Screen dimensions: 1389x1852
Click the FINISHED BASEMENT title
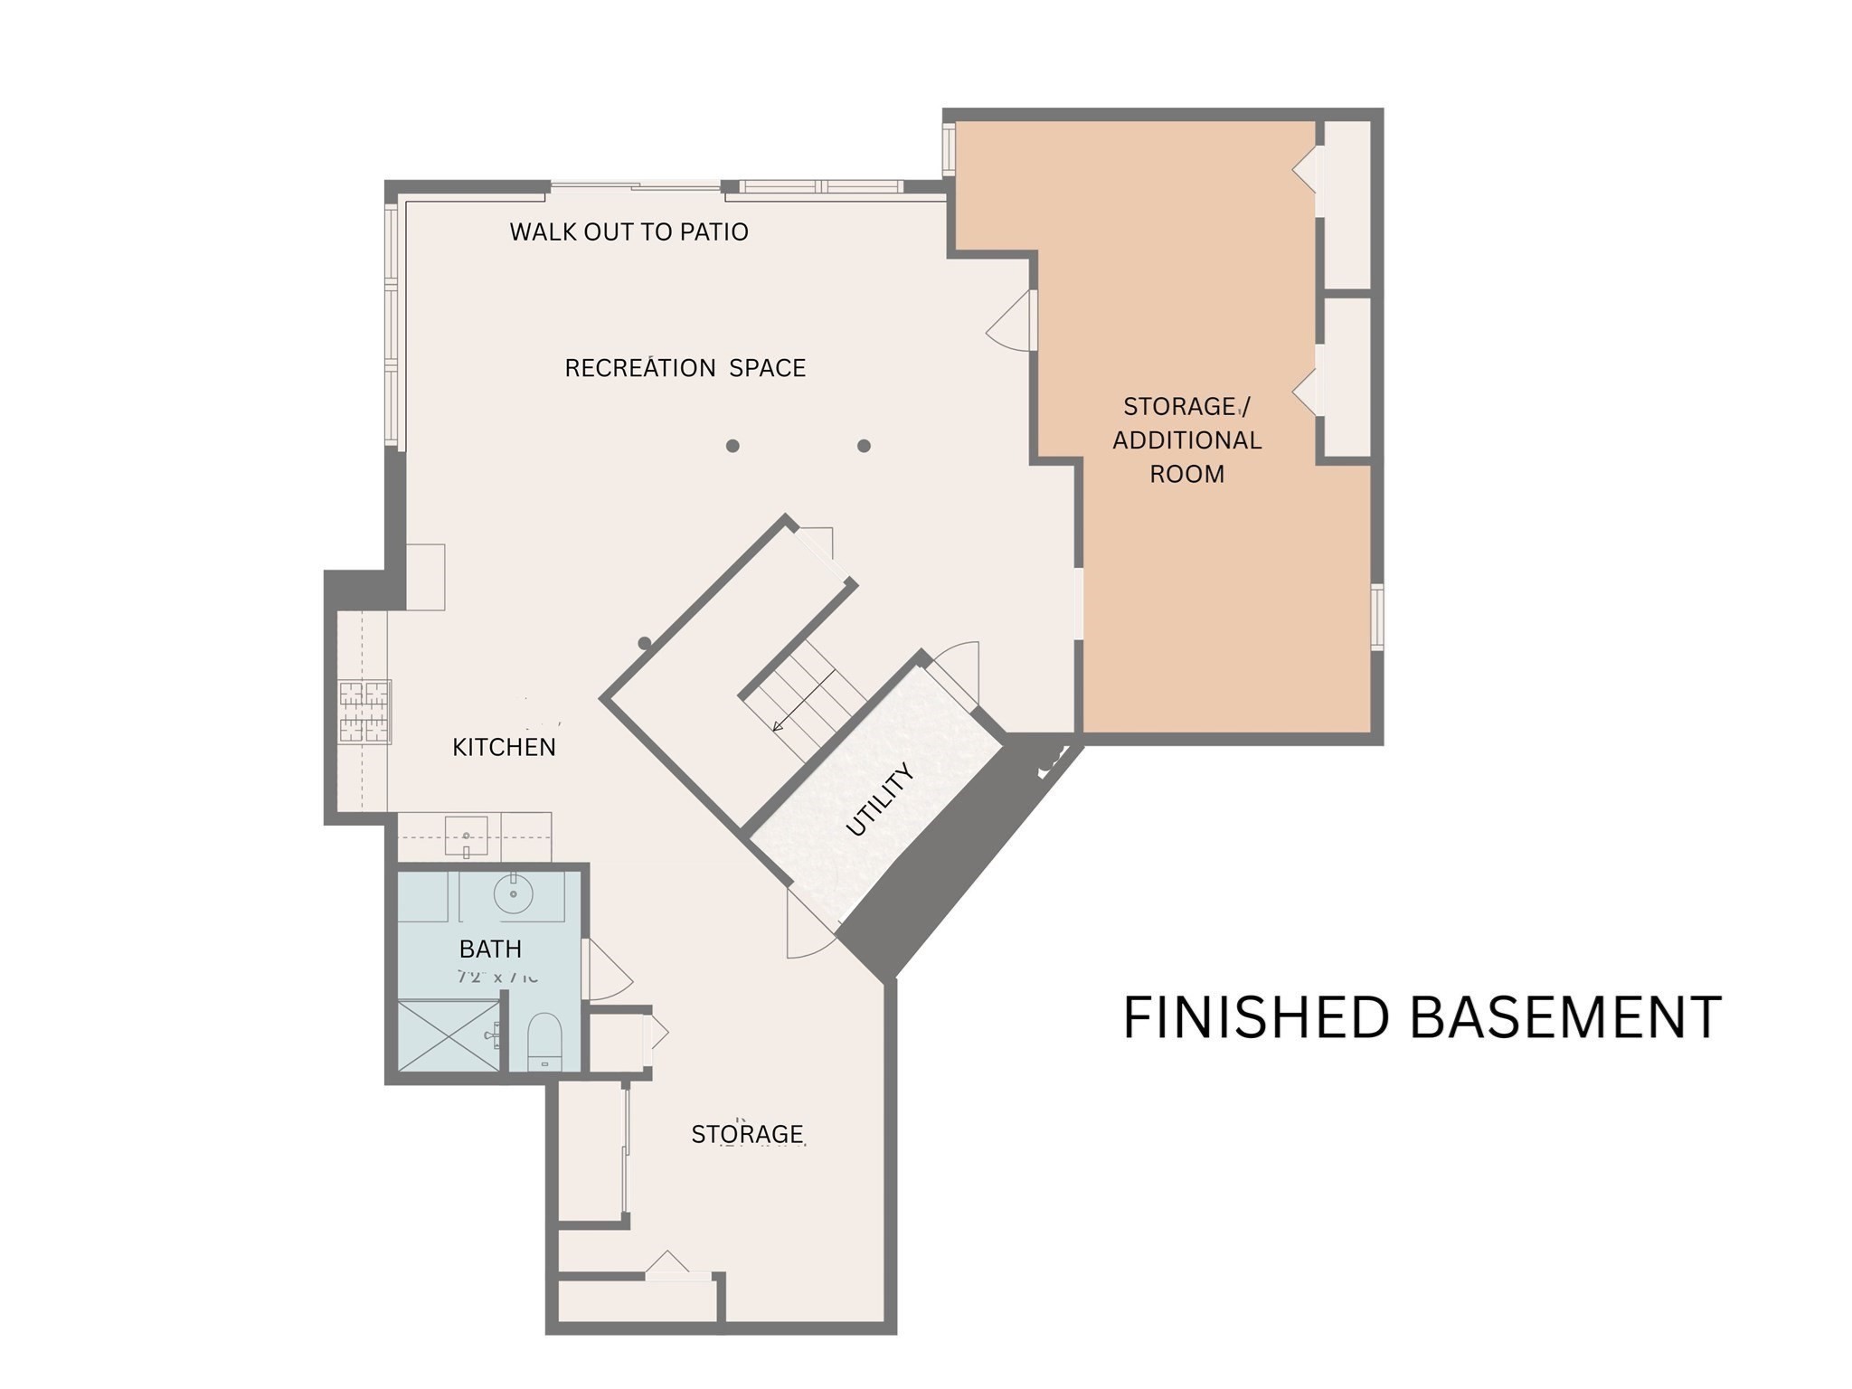click(x=1422, y=1017)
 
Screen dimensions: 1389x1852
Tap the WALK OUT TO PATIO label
click(x=628, y=232)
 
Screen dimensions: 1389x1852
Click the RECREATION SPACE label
click(x=685, y=368)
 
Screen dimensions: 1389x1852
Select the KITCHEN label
click(x=504, y=747)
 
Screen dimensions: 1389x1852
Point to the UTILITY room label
click(x=879, y=799)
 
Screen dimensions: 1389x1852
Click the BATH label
click(x=490, y=949)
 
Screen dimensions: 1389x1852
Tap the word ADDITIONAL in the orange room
click(x=1186, y=440)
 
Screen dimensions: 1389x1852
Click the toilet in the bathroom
click(x=544, y=1040)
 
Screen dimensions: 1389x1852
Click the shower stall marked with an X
click(x=448, y=1035)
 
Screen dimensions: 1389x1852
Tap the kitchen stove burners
click(x=364, y=712)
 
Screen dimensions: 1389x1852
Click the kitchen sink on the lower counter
click(x=467, y=836)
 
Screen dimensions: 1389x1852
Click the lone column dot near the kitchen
click(x=645, y=643)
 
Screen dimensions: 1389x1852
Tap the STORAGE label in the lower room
click(x=747, y=1134)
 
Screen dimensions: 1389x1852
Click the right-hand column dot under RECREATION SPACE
click(x=864, y=446)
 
